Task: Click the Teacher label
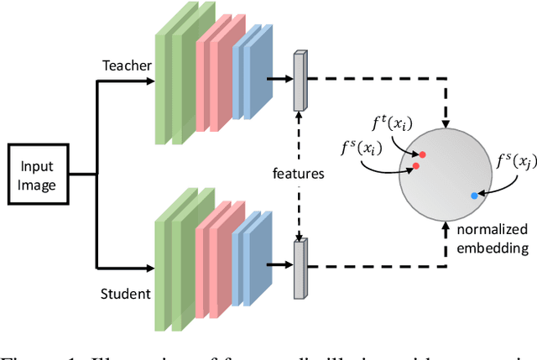[x=126, y=65]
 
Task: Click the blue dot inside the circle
[x=474, y=196]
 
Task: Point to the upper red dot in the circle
[x=422, y=154]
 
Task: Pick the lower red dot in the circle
[x=415, y=166]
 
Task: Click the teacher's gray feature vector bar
[x=300, y=81]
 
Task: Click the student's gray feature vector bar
[x=300, y=269]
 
